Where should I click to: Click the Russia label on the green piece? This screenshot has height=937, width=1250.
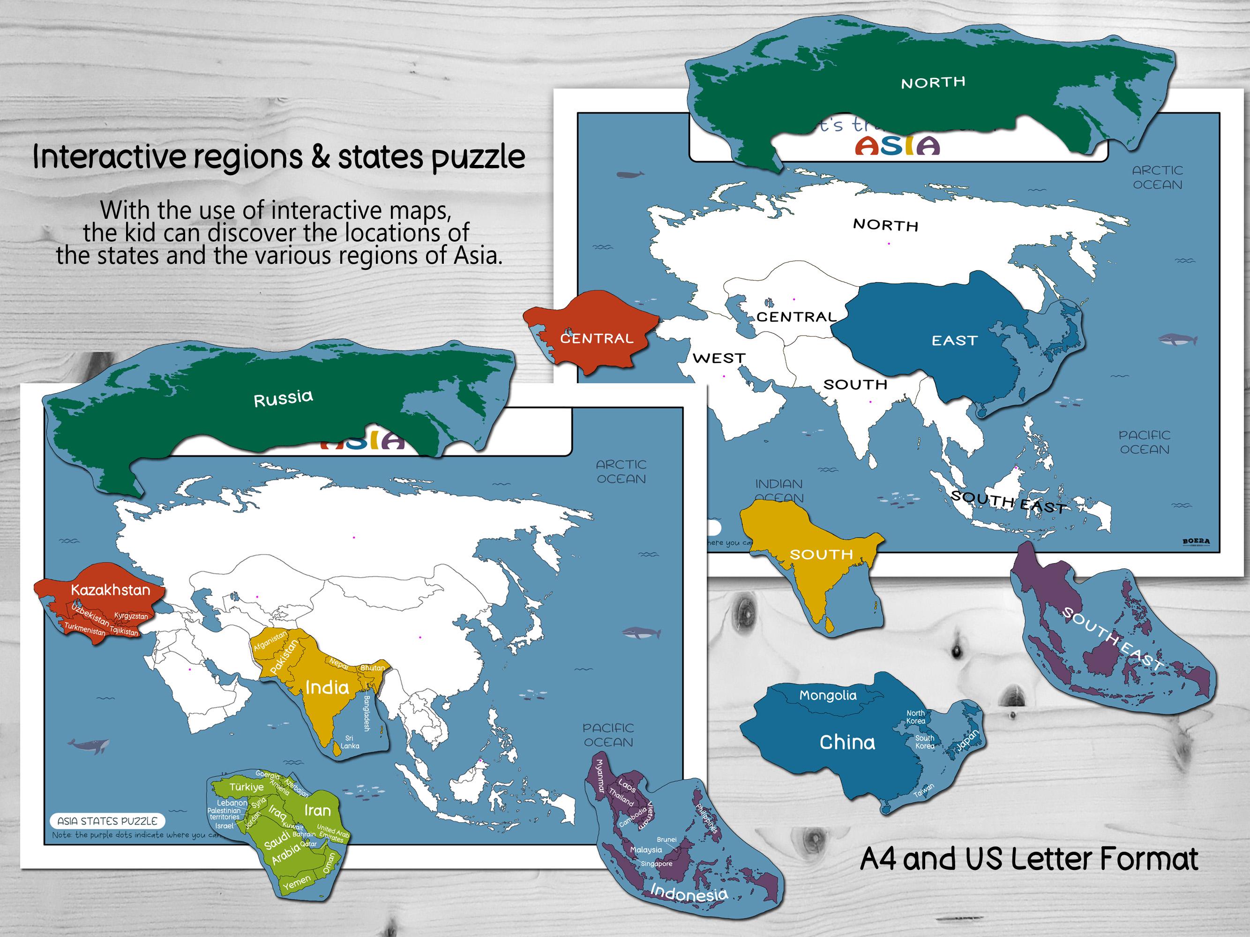283,398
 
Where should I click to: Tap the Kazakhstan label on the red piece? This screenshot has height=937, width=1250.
111,590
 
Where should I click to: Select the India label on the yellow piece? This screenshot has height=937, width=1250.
327,687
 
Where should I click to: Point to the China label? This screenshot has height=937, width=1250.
847,742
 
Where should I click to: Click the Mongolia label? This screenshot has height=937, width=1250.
827,695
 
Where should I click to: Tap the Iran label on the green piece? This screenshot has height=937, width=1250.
318,811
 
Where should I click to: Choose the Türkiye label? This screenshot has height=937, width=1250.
247,787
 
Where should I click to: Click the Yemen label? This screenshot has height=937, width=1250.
297,882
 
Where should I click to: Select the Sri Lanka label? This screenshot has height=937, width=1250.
349,742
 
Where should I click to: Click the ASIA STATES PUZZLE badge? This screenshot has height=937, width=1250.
107,821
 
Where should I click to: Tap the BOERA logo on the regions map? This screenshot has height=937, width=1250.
1196,542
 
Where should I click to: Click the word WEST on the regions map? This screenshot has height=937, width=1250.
719,358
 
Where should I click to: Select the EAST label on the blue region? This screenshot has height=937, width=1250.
954,341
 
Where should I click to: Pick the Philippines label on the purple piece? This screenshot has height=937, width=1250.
706,818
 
